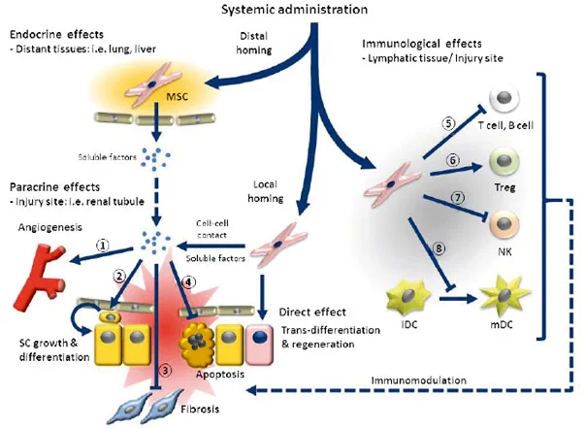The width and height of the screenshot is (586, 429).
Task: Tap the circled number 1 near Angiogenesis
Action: (x=102, y=246)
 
